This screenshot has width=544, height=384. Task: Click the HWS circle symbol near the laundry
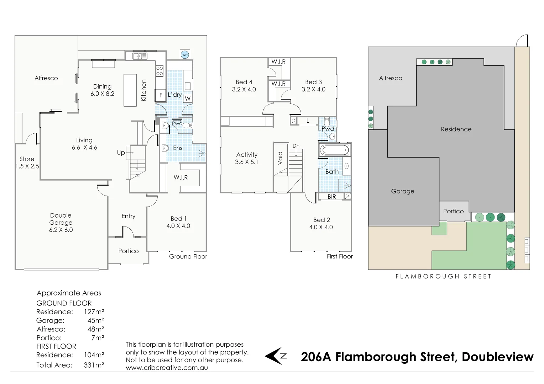(185, 55)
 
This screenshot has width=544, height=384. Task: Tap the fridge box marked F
(161, 95)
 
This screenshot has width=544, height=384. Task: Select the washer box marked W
(188, 98)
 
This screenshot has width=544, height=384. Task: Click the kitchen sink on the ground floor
(140, 56)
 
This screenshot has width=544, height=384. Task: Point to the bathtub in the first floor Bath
(334, 150)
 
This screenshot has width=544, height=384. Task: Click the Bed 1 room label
(178, 219)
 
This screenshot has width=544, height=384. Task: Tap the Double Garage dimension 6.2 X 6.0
(61, 230)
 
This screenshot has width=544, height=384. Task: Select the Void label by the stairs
(280, 158)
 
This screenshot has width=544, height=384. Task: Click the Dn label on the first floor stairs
(296, 146)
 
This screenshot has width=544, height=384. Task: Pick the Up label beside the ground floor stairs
(121, 153)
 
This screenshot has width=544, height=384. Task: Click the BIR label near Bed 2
(331, 197)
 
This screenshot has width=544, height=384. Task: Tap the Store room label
(27, 159)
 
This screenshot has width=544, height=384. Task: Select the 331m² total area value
(94, 365)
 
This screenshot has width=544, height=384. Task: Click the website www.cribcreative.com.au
(167, 368)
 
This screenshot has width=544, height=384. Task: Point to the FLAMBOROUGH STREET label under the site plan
(443, 276)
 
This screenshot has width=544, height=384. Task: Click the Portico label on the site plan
(453, 211)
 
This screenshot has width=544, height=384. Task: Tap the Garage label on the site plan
(403, 191)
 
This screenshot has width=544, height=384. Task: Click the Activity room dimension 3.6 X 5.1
(247, 162)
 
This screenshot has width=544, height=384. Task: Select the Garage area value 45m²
(96, 320)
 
